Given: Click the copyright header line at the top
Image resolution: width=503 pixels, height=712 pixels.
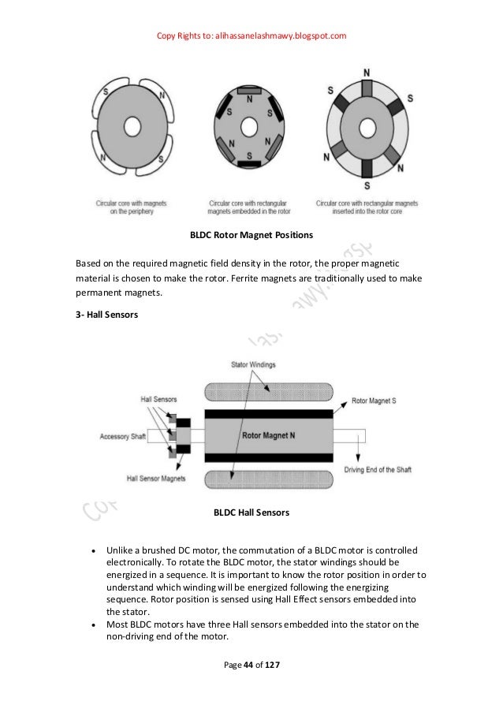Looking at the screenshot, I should point(252,35).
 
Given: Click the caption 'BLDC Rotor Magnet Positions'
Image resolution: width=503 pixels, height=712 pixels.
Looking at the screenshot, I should point(251,235).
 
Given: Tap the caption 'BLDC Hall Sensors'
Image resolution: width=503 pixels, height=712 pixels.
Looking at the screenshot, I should point(251,513).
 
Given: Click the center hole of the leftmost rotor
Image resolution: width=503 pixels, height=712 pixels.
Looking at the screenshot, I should point(132,126).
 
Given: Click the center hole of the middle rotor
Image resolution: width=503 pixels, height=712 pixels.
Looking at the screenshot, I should point(250,126).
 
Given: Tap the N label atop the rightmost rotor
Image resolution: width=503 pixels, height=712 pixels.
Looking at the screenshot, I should point(367,73).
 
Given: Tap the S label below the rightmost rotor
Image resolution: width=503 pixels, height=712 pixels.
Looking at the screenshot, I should point(367,185).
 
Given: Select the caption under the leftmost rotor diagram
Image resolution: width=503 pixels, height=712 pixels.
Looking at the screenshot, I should point(132,207).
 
